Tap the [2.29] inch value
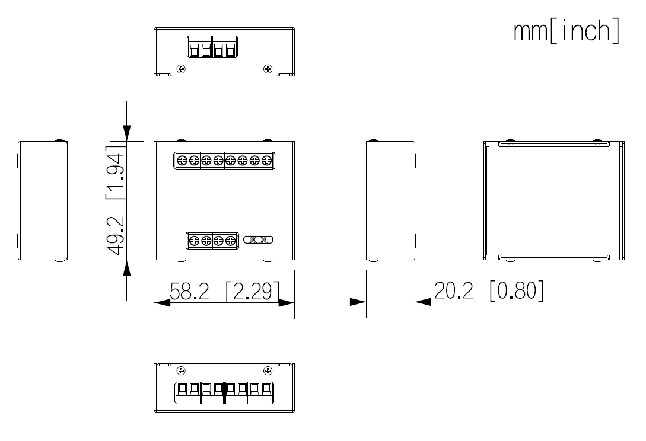(252, 292)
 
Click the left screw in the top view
(182, 69)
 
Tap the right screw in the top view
(268, 69)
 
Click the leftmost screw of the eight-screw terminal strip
(182, 160)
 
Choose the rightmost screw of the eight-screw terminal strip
(266, 160)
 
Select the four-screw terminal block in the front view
(212, 240)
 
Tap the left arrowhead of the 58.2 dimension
(161, 302)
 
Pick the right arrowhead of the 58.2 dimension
(287, 302)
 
